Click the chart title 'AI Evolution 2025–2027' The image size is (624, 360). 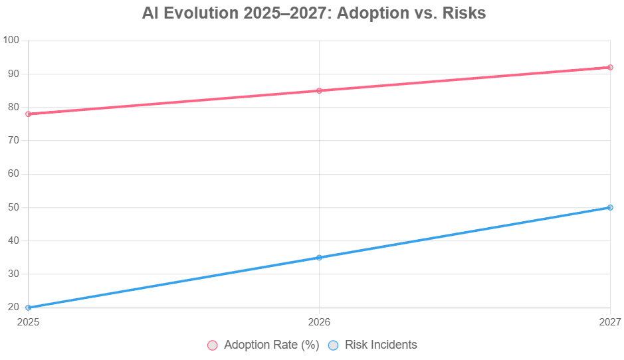click(x=314, y=13)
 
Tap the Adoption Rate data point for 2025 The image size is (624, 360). click(x=28, y=114)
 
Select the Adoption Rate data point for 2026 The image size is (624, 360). click(x=319, y=91)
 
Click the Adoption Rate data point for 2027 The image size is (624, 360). click(x=610, y=67)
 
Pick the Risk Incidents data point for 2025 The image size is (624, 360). click(x=28, y=308)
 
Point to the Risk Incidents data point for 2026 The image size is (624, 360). click(x=319, y=258)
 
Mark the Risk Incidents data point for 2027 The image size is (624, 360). click(x=610, y=207)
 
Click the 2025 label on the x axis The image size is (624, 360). click(x=28, y=322)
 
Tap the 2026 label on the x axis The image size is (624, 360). click(x=319, y=322)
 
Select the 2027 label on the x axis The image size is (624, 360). click(x=609, y=322)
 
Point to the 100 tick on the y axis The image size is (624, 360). click(x=11, y=41)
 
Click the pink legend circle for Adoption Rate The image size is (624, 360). click(x=213, y=345)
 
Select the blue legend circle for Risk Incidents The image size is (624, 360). click(x=334, y=345)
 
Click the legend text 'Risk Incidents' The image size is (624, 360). click(x=381, y=345)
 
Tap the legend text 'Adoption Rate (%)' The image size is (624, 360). click(x=272, y=345)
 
